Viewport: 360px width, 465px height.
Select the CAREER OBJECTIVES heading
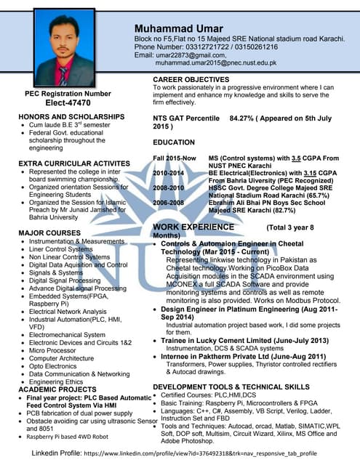pos(191,79)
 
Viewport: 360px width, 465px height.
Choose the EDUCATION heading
pos(174,142)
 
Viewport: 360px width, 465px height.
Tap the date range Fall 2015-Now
pos(175,158)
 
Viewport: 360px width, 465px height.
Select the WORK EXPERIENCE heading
pos(193,227)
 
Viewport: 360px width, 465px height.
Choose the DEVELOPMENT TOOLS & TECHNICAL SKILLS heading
pos(231,387)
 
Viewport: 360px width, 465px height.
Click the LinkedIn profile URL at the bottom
pos(200,453)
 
